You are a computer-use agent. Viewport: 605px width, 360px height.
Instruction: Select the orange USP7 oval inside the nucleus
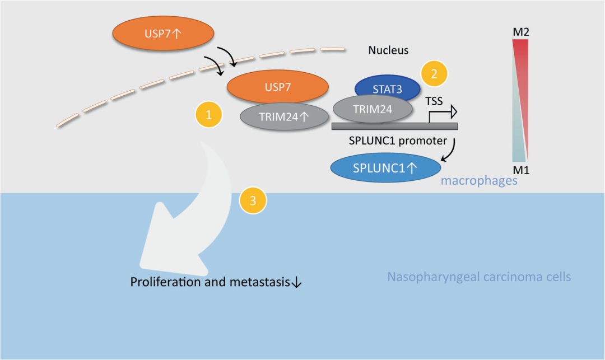coord(278,87)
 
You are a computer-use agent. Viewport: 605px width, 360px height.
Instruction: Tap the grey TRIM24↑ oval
coord(284,116)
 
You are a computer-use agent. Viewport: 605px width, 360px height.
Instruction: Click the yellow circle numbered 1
coord(209,115)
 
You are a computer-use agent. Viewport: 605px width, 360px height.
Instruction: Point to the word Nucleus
coord(388,50)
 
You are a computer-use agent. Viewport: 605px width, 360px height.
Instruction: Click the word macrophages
coord(479,181)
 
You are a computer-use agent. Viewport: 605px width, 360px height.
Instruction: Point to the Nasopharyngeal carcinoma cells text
coord(479,277)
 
